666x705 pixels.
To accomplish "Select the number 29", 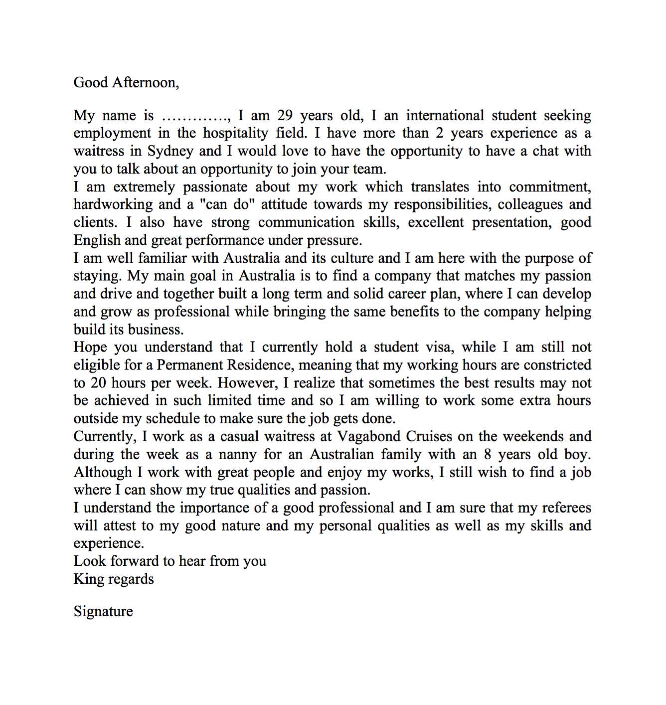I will tap(285, 116).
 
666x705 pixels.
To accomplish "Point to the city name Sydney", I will tap(170, 151).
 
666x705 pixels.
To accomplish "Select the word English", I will tap(97, 240).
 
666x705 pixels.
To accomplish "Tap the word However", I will tap(247, 383).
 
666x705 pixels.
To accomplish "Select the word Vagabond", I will tap(369, 436).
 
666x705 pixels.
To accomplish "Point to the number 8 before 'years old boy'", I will tap(487, 455).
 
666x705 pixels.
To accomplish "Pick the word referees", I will tap(566, 508).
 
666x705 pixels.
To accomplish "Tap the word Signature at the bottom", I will tap(103, 611).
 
